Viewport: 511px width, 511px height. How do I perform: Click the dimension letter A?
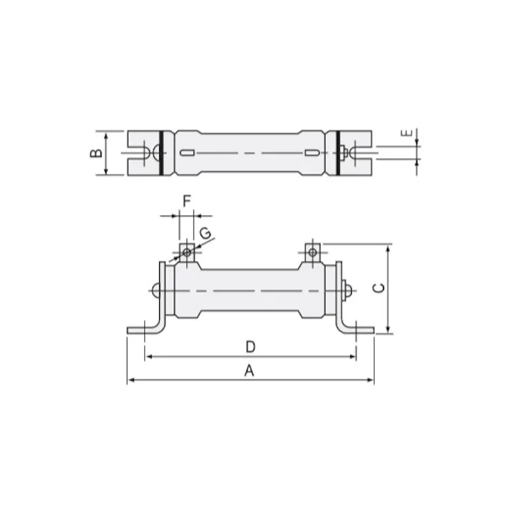click(x=249, y=371)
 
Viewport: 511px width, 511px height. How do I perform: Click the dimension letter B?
click(x=94, y=153)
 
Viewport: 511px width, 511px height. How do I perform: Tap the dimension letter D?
click(x=249, y=347)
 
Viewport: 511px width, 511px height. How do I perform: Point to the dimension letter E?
click(x=406, y=133)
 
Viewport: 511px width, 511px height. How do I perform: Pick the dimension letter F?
click(x=186, y=201)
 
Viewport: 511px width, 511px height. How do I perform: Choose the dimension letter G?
click(x=205, y=233)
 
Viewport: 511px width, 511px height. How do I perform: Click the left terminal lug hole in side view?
click(x=186, y=252)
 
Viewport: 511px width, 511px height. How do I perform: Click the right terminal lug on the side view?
click(x=312, y=252)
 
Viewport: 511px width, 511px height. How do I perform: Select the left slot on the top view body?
click(x=187, y=153)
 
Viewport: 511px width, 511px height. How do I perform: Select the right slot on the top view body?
click(x=312, y=153)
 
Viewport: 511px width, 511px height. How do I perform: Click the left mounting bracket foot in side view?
click(x=140, y=330)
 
